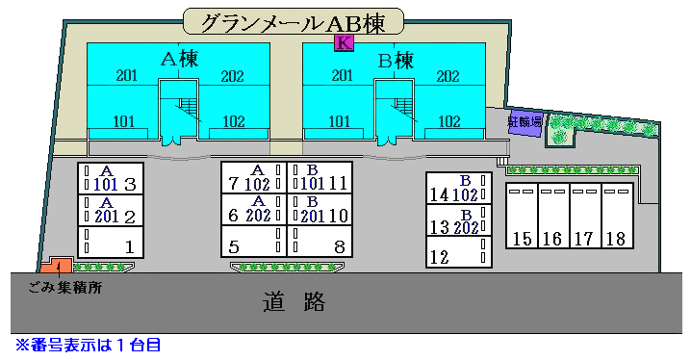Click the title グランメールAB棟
click(294, 21)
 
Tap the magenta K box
click(344, 41)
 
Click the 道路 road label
click(294, 303)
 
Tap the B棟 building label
click(396, 61)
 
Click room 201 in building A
click(126, 75)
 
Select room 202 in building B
click(448, 76)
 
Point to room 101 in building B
click(339, 121)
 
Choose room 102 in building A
click(233, 121)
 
